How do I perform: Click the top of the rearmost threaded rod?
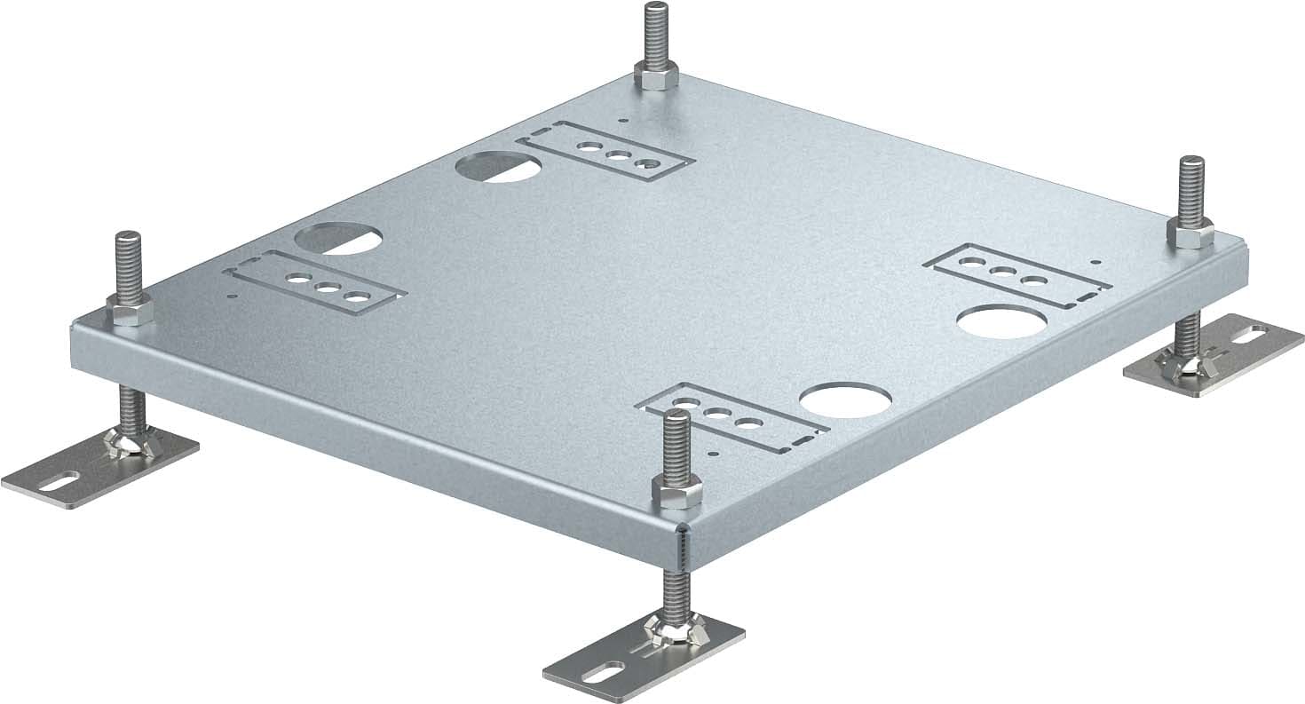tap(655, 8)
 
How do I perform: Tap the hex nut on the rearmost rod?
tap(656, 78)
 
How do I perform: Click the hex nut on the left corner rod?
tap(130, 308)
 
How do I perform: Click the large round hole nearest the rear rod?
tap(498, 166)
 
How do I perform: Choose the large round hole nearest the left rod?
tap(338, 237)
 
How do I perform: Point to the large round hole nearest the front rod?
tap(839, 400)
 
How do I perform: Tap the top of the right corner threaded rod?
tap(1191, 161)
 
